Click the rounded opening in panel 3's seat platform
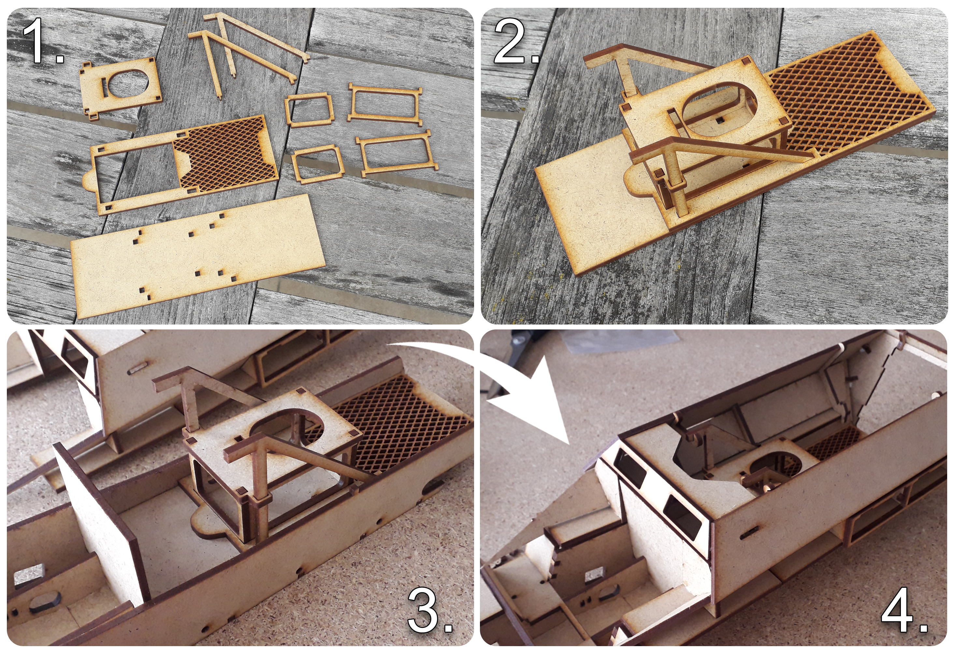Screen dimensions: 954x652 (x=287, y=431)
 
